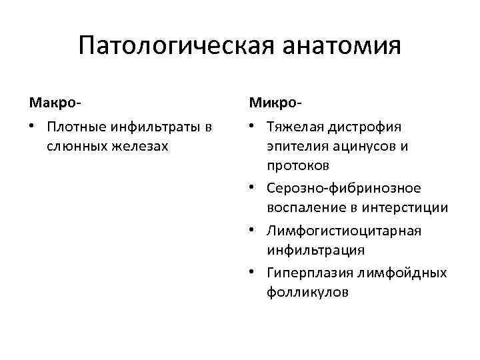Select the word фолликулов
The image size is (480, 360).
(x=307, y=292)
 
